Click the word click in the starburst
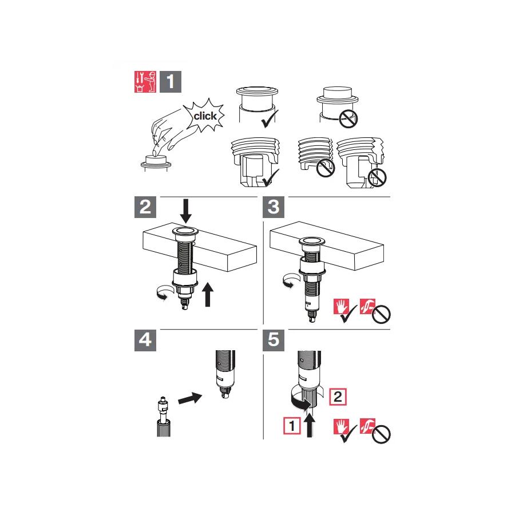click(x=205, y=116)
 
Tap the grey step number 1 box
click(x=171, y=82)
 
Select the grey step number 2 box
click(x=145, y=207)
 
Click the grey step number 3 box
click(x=274, y=207)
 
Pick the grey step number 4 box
click(x=145, y=340)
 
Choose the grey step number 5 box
click(x=274, y=340)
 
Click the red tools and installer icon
click(x=145, y=82)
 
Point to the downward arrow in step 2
click(x=186, y=211)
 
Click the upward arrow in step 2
click(x=207, y=294)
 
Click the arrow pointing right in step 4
click(x=190, y=398)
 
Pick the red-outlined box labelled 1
click(x=292, y=426)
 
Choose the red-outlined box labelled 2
click(x=338, y=397)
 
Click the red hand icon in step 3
click(x=341, y=307)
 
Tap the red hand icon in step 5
click(x=341, y=426)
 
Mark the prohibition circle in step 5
click(x=381, y=435)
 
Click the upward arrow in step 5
click(x=309, y=425)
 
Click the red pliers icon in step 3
click(x=367, y=307)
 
